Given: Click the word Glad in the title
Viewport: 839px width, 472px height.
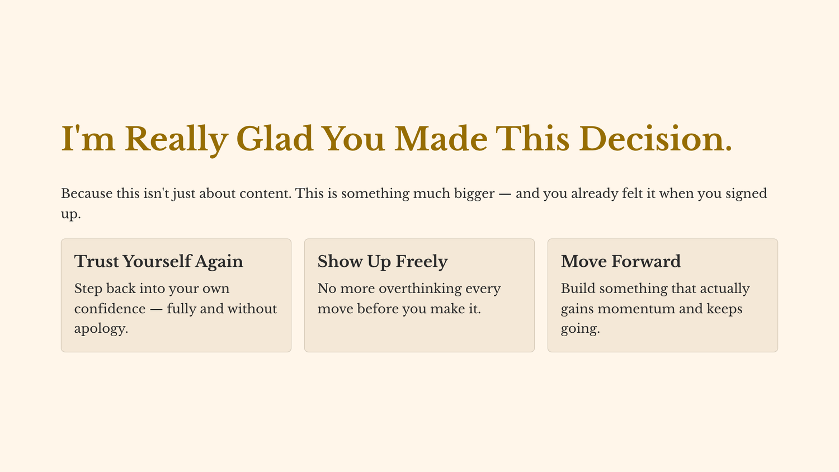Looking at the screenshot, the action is click(x=275, y=139).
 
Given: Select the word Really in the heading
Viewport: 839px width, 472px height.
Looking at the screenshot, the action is click(x=176, y=140).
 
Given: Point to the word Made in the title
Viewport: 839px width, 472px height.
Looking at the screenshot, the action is click(x=441, y=139).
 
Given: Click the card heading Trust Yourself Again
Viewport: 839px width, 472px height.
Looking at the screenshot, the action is click(x=159, y=262).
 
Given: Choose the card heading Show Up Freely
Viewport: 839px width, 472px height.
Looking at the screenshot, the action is click(x=383, y=262).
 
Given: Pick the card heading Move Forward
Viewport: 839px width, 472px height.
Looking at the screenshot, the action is click(x=621, y=261).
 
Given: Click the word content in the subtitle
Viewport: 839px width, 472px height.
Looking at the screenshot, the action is click(x=265, y=193).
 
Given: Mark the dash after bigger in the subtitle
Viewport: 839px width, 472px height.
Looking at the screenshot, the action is click(x=505, y=194).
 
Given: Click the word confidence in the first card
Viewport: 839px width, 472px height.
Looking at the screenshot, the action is click(x=110, y=309).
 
